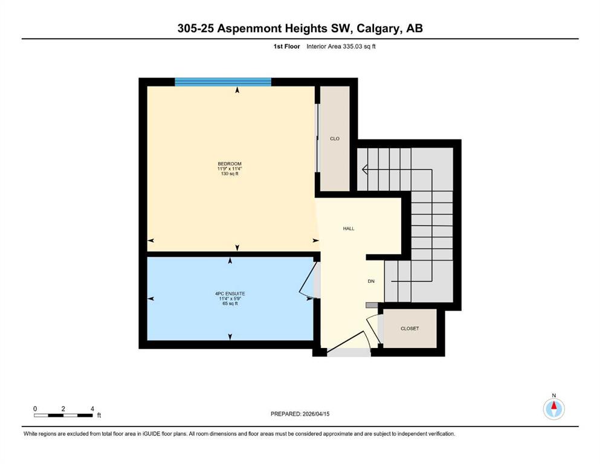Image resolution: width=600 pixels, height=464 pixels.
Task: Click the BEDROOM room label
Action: pyautogui.click(x=230, y=164)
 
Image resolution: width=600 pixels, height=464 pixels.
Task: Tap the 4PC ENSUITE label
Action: pyautogui.click(x=230, y=294)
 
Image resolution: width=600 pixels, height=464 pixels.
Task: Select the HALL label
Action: pyautogui.click(x=349, y=228)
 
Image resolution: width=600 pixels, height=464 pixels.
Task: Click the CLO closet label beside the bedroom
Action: pyautogui.click(x=335, y=138)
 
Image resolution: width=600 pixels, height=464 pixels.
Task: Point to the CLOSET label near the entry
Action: pyautogui.click(x=410, y=329)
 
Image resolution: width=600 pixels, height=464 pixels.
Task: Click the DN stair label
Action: pyautogui.click(x=371, y=281)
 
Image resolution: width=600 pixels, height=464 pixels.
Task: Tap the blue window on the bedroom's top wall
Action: pyautogui.click(x=223, y=82)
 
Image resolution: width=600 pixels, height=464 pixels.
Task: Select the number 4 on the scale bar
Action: pyautogui.click(x=92, y=409)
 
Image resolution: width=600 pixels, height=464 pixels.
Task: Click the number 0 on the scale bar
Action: pyautogui.click(x=35, y=409)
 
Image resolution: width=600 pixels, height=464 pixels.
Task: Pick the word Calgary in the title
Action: pyautogui.click(x=378, y=28)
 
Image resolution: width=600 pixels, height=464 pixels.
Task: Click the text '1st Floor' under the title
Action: pyautogui.click(x=286, y=47)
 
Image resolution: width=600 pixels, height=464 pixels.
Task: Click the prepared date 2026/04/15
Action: pyautogui.click(x=316, y=414)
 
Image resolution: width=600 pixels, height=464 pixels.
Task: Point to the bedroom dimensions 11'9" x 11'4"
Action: pyautogui.click(x=230, y=169)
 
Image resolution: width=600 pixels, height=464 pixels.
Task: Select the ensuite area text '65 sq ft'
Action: pyautogui.click(x=230, y=304)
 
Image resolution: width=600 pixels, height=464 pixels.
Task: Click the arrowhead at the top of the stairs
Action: pyautogui.click(x=365, y=169)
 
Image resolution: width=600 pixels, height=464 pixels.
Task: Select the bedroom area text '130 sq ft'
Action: pyautogui.click(x=230, y=173)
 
